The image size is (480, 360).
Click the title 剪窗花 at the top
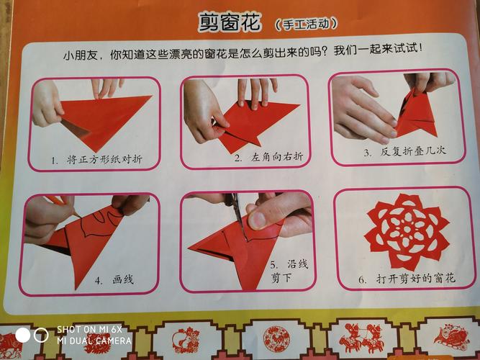229,22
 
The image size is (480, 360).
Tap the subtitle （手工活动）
306,24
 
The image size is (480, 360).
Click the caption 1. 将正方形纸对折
94,159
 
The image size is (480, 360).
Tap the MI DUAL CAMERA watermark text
94,341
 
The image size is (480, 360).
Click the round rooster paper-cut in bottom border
276,338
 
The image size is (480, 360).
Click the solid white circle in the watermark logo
23,335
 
